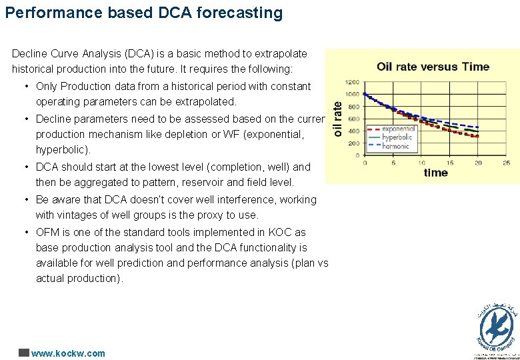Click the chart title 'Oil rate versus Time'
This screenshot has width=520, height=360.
(x=433, y=67)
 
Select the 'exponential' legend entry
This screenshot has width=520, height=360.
(x=399, y=129)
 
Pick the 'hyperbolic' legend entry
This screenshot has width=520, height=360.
(x=397, y=137)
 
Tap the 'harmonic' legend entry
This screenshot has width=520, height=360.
(x=396, y=145)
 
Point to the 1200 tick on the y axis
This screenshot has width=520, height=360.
(x=351, y=81)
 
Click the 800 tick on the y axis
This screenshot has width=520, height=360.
(x=353, y=106)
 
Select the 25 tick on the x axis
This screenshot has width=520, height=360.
(x=507, y=162)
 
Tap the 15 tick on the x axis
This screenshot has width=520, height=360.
(x=450, y=162)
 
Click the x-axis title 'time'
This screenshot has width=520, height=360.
(x=436, y=173)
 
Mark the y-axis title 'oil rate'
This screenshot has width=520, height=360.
(x=337, y=120)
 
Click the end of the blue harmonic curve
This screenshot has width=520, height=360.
(x=479, y=127)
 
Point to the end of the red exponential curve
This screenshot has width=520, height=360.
(x=479, y=136)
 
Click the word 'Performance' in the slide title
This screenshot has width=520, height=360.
(x=47, y=13)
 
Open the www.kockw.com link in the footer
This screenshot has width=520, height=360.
(x=68, y=353)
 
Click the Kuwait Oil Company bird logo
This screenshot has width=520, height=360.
(x=497, y=327)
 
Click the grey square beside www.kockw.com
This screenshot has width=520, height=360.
(x=24, y=353)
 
